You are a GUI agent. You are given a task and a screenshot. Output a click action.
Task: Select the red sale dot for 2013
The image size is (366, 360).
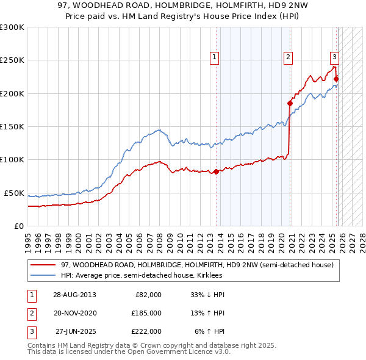(216, 171)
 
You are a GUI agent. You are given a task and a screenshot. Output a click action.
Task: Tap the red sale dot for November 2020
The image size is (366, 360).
(290, 104)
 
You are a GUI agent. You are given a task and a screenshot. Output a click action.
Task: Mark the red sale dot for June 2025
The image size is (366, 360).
(336, 79)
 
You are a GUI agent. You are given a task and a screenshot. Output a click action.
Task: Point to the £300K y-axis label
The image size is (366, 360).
(12, 27)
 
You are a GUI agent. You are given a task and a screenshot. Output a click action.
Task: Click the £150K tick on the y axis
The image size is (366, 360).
(12, 127)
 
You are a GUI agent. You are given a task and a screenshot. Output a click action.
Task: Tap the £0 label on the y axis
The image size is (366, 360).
(18, 226)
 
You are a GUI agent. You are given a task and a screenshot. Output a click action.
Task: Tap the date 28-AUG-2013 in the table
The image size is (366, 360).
(74, 295)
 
